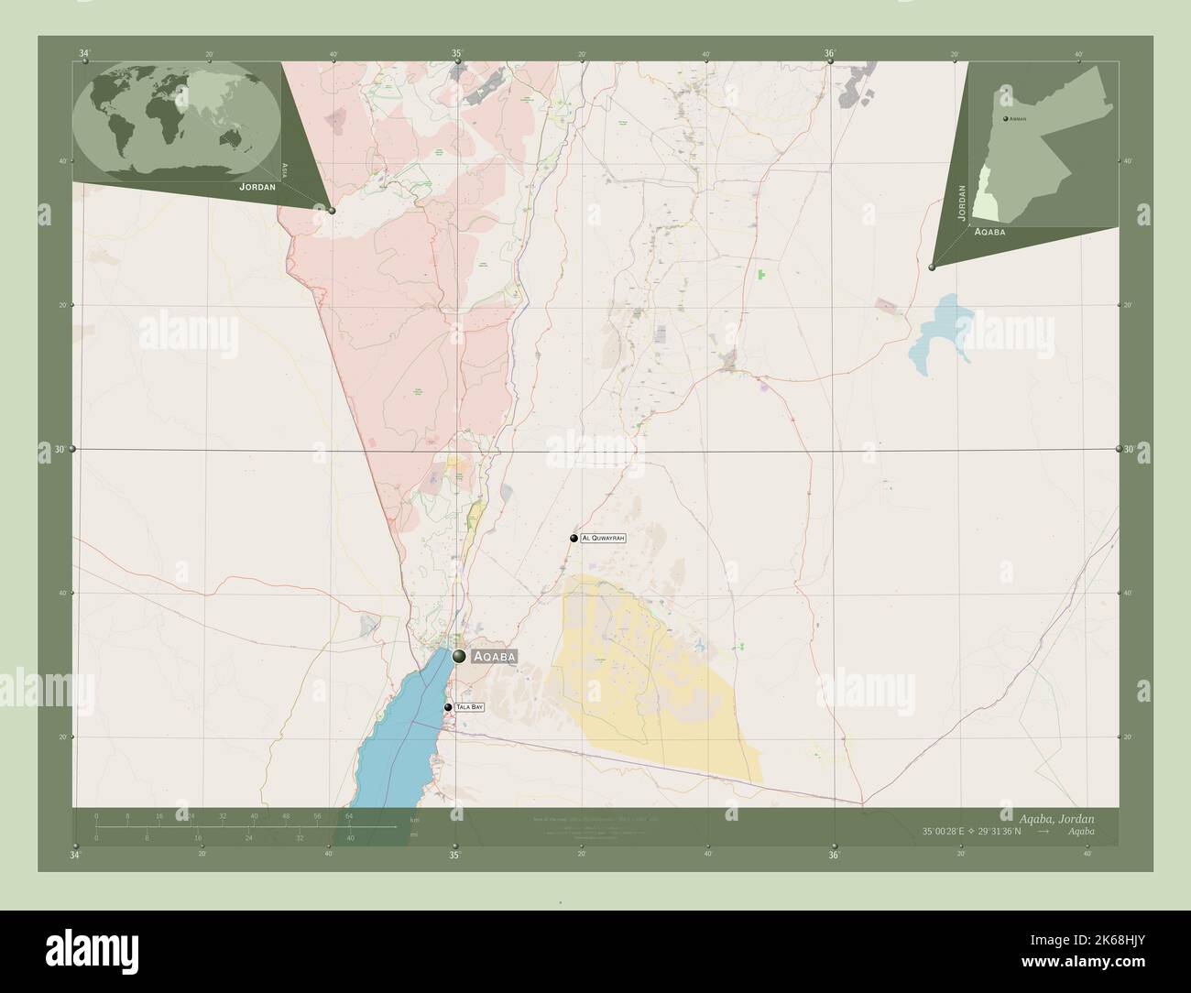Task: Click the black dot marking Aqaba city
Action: (x=459, y=655)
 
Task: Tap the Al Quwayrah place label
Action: (x=603, y=539)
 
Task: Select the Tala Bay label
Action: (x=469, y=707)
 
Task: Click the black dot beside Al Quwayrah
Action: (x=574, y=539)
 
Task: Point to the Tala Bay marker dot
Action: (x=448, y=707)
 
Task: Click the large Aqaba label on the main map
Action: (x=495, y=657)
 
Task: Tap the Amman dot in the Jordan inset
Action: (x=1005, y=119)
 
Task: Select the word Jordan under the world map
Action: (x=257, y=186)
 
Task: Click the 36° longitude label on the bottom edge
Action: (x=834, y=856)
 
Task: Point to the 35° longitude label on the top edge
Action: (x=456, y=54)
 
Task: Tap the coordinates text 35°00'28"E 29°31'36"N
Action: (x=984, y=831)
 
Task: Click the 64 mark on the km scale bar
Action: (x=349, y=815)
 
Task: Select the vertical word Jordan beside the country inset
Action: (x=961, y=202)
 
